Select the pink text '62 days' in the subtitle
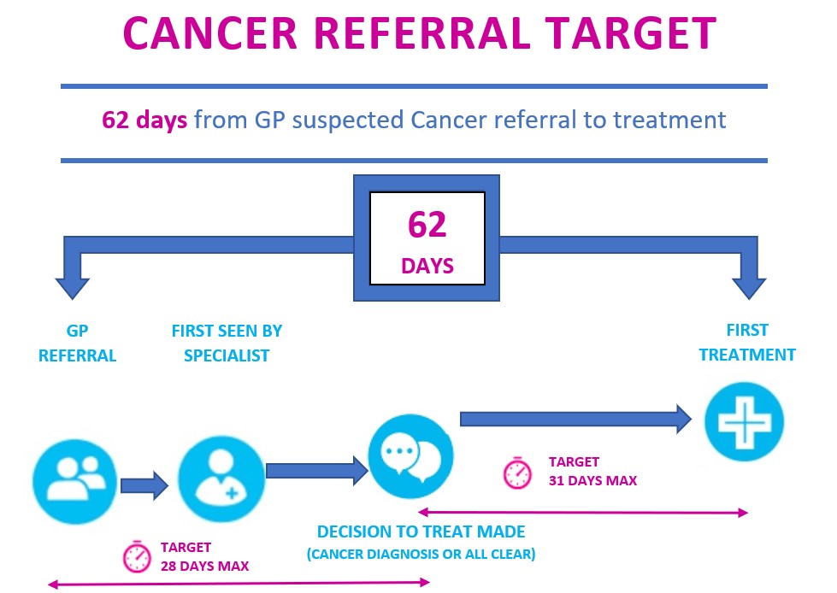point(144,120)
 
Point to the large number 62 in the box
point(427,225)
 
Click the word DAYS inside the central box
point(427,267)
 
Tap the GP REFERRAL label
point(77,343)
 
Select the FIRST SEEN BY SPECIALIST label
point(227,343)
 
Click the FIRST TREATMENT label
point(747,342)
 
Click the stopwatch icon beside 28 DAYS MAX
point(137,556)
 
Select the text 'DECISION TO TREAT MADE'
point(421,531)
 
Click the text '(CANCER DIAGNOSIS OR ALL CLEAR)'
point(421,554)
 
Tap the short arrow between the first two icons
point(144,486)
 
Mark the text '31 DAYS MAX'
point(592,480)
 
